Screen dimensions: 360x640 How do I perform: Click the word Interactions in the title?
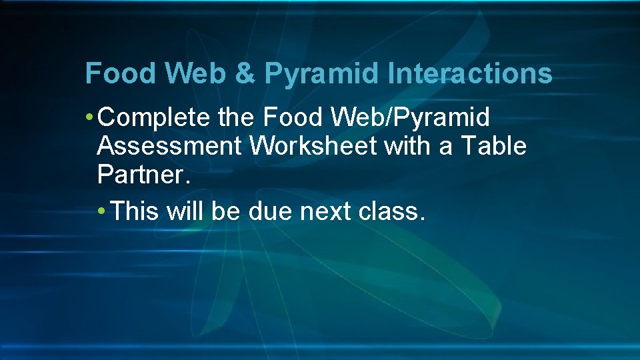470,73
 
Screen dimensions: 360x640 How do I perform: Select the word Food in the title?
113,73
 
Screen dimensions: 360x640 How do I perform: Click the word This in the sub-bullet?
135,211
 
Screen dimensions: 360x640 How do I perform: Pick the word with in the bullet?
407,146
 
